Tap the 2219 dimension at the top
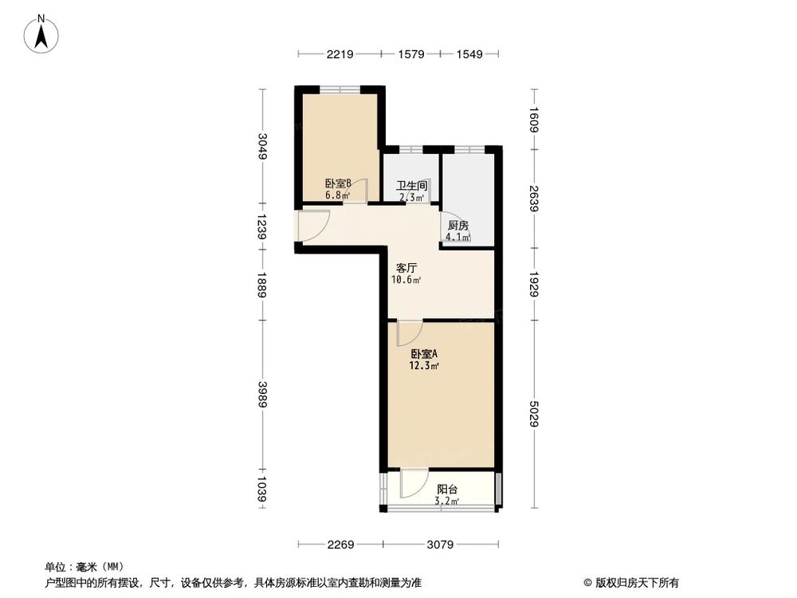[x=339, y=54]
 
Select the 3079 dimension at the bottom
[x=439, y=545]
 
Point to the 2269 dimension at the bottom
[x=340, y=545]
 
